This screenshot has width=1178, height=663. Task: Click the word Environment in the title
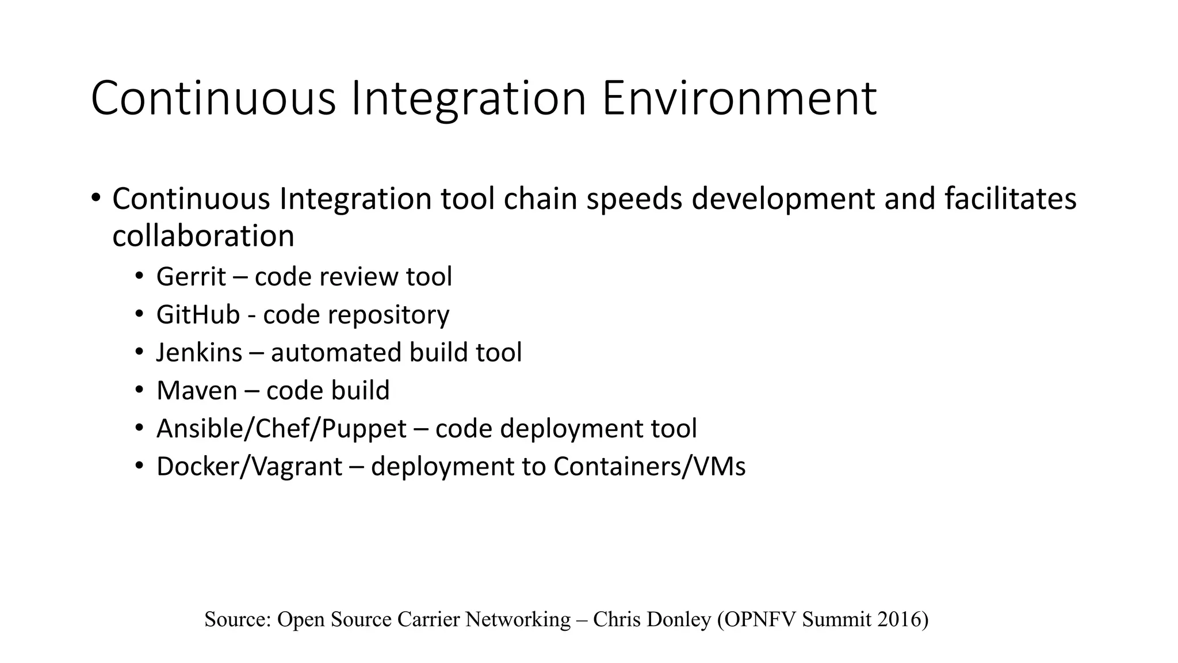tap(739, 99)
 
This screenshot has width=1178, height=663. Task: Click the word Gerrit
tap(191, 277)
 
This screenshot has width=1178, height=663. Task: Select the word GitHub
tap(198, 315)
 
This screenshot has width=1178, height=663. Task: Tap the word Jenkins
tap(199, 353)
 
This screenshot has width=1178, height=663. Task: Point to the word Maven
tap(197, 391)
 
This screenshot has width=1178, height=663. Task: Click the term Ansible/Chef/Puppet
tap(281, 429)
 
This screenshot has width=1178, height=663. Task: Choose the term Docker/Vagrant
tap(249, 467)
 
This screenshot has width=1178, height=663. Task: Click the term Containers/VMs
tap(649, 467)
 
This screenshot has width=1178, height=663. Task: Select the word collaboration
tap(203, 236)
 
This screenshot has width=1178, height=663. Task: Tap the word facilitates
tap(1010, 199)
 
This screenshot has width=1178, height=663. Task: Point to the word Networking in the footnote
tap(518, 619)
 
